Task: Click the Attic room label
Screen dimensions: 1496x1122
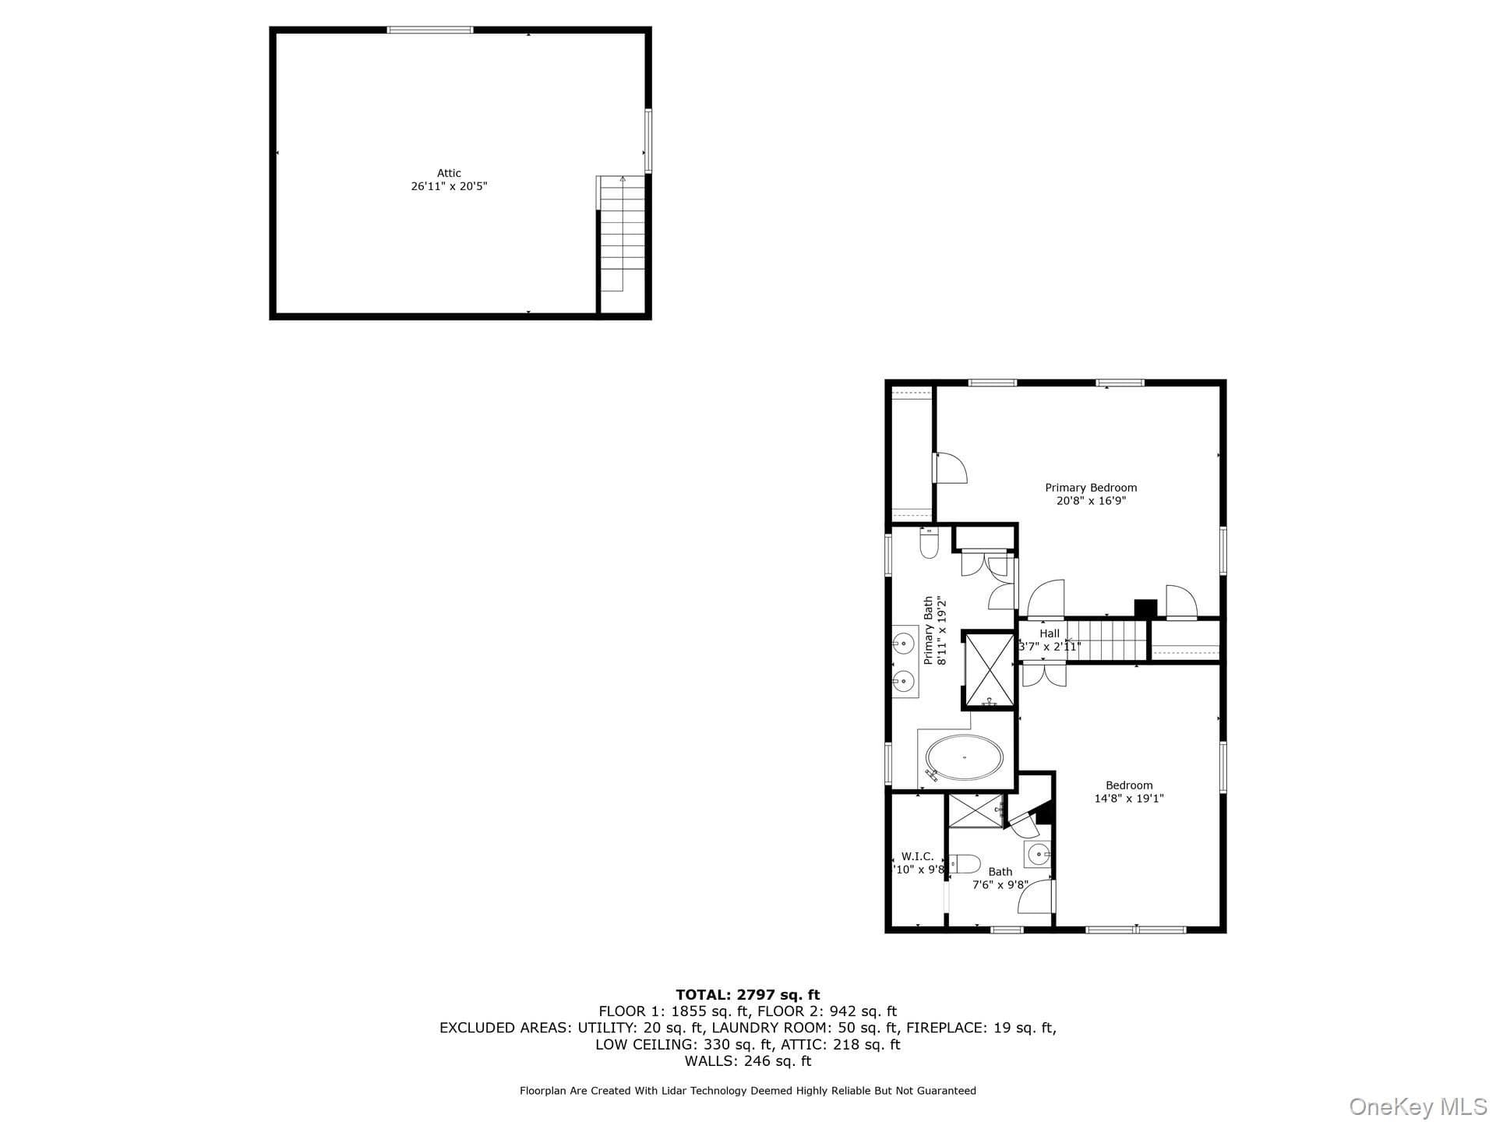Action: (449, 173)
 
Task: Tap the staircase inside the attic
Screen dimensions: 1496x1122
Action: (622, 233)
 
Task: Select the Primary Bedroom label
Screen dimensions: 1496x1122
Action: (1091, 488)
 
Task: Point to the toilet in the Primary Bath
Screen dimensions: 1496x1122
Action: (930, 542)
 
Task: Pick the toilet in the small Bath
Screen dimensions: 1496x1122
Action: (965, 864)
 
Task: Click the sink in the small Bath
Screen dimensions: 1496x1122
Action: (1038, 855)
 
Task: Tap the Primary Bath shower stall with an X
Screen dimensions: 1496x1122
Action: (990, 670)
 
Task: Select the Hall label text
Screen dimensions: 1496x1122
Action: (1050, 633)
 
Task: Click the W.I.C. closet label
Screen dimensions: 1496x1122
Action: (917, 856)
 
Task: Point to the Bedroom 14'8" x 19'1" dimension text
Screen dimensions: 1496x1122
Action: (1129, 798)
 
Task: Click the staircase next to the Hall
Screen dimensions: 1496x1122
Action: (1107, 640)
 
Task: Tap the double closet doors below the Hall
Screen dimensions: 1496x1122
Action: (1044, 674)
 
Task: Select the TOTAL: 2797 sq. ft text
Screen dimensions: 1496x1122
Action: (748, 994)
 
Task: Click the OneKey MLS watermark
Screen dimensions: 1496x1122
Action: (1418, 1106)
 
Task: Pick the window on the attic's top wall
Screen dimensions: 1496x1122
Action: (430, 30)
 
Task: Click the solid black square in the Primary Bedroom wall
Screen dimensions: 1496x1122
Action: (1145, 609)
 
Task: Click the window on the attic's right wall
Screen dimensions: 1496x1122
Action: (647, 141)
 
